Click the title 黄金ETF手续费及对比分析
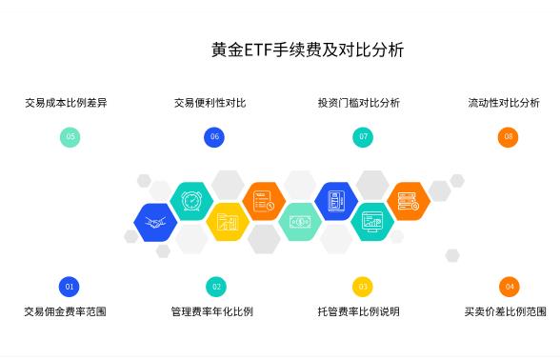point(307,50)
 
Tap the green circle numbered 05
point(70,137)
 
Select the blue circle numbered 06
point(214,137)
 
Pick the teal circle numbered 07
point(362,137)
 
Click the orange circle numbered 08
point(509,137)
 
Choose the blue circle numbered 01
point(70,286)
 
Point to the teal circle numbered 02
point(216,286)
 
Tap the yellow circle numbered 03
point(362,286)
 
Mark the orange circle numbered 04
point(510,286)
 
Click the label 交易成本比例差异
point(66,103)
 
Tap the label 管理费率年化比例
point(211,311)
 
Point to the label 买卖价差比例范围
point(505,311)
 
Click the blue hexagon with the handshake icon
point(155,222)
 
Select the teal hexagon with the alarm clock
point(191,201)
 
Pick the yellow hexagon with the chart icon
point(228,222)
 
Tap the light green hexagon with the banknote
point(300,222)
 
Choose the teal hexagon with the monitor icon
point(372,221)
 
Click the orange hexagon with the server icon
point(409,201)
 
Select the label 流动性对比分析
point(504,103)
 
